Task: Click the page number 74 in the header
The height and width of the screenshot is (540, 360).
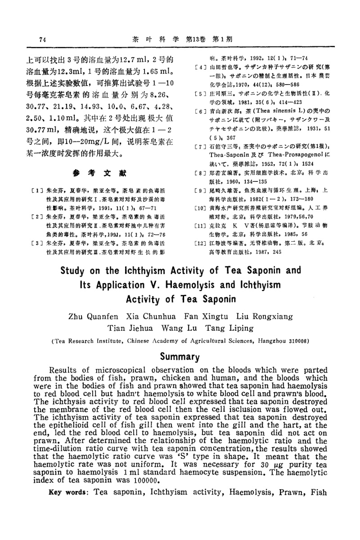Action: pyautogui.click(x=43, y=39)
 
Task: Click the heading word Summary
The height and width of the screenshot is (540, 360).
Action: pyautogui.click(x=180, y=357)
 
